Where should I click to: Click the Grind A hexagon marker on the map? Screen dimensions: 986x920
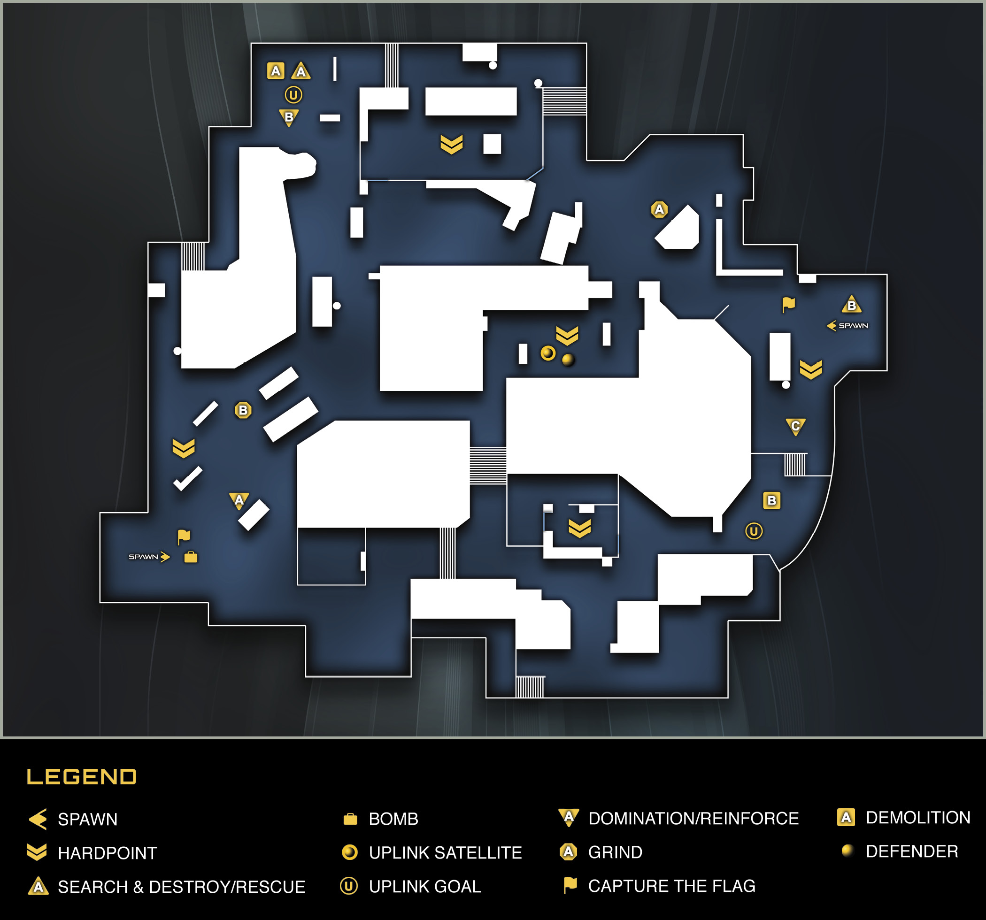659,209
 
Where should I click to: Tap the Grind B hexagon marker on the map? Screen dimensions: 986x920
243,410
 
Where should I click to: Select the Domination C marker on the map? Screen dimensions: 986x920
795,427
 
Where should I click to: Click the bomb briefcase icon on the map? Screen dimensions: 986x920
191,557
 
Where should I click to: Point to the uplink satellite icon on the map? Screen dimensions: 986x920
548,353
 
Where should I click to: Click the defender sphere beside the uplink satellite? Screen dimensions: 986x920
569,360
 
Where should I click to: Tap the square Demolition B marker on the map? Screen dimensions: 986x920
772,500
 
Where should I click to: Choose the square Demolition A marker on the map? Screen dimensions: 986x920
276,71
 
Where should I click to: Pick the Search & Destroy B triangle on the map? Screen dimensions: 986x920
852,305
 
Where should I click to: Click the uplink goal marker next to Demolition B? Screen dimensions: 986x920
754,531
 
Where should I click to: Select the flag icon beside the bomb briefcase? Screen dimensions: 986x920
184,537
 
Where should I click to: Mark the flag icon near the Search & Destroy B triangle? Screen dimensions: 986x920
789,305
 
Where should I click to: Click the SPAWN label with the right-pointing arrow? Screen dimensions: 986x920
149,557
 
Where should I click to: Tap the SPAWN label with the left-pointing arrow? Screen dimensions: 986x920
847,326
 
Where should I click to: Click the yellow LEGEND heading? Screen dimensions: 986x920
81,777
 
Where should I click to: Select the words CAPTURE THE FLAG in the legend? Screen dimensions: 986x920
671,886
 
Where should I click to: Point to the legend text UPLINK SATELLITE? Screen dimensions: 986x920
446,852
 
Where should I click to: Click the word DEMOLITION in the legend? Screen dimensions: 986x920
918,817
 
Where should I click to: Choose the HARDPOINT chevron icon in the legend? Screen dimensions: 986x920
37,852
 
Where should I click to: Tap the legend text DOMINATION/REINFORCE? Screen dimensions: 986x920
693,818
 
